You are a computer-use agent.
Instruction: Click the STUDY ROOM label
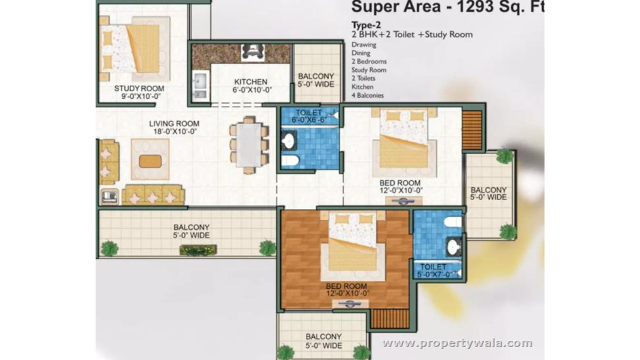click(139, 88)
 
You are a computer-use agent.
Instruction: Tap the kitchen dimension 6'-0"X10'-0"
click(252, 90)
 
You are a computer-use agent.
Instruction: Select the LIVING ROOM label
click(174, 123)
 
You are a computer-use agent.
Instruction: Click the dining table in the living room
click(249, 144)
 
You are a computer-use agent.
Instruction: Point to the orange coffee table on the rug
click(150, 161)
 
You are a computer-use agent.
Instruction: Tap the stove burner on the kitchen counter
click(252, 53)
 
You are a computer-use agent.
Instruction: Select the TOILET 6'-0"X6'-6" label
click(308, 116)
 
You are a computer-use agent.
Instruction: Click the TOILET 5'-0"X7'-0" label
click(433, 270)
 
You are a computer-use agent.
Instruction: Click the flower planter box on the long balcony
click(198, 250)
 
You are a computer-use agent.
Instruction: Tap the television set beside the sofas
click(109, 196)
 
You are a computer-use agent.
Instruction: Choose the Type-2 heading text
click(366, 25)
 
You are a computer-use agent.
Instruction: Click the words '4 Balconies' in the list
click(367, 95)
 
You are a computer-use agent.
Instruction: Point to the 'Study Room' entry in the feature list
click(369, 70)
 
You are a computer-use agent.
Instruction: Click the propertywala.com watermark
click(457, 343)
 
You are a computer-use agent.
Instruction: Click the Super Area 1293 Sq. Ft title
click(447, 7)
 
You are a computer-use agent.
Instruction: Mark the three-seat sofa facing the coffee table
click(153, 194)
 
